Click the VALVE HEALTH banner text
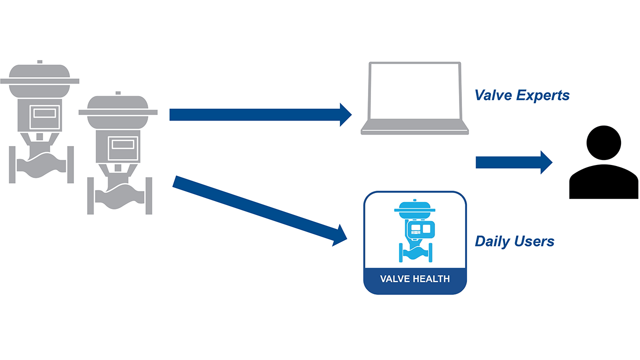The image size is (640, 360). (414, 279)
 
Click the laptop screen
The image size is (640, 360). (414, 92)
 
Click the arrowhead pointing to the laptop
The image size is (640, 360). (345, 114)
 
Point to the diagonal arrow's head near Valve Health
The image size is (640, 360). (340, 235)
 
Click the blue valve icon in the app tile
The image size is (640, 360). (414, 230)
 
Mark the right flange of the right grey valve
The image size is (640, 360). (148, 195)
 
